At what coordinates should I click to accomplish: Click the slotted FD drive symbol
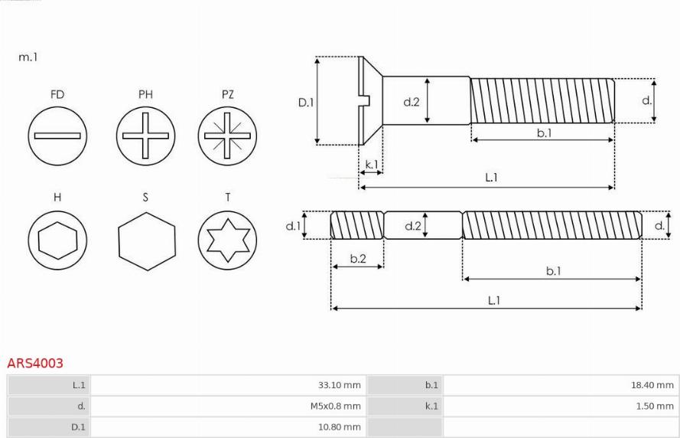pos(57,136)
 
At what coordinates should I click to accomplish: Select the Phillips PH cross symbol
pos(145,136)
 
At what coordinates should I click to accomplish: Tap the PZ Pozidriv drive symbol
pos(227,136)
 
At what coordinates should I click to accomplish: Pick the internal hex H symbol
pos(57,240)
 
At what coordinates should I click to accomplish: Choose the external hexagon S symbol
pos(147,241)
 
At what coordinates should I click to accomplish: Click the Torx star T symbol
pos(227,240)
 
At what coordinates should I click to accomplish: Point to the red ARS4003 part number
pos(35,363)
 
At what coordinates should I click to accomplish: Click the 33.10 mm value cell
pos(229,385)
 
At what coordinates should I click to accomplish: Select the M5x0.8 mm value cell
pos(229,406)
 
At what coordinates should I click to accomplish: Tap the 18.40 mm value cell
pos(561,385)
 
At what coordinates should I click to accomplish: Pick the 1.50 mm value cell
pos(561,406)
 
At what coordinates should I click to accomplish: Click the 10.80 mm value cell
pos(229,427)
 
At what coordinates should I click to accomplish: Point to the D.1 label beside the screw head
pos(306,103)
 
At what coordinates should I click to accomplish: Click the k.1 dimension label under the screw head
pos(372,165)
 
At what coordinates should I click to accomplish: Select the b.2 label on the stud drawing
pos(358,259)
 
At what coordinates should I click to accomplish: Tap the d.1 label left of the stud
pos(293,226)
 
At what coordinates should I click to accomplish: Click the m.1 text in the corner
pos(28,57)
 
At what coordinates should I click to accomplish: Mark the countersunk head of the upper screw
pos(371,101)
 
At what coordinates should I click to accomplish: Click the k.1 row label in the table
pos(431,406)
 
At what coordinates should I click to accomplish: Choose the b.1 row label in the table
pos(431,385)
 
